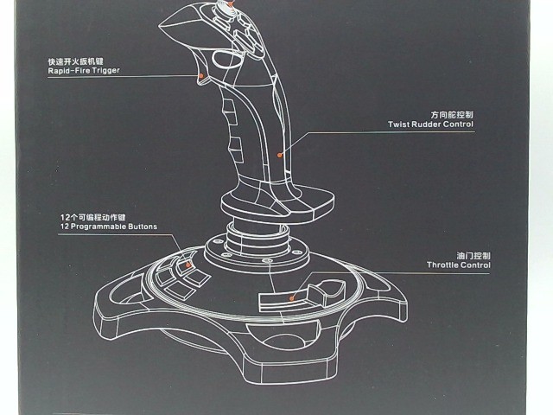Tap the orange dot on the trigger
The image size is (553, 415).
coord(201,77)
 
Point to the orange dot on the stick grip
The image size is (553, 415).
coord(278,155)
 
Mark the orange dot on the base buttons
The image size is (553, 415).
coord(180,259)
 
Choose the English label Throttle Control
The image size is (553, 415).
coord(459,266)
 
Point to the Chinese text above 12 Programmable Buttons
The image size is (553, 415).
coord(93,216)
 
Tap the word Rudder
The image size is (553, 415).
coord(425,124)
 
